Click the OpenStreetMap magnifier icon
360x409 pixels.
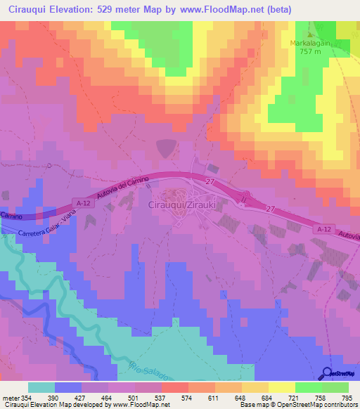tap(328, 372)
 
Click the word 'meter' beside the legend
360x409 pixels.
tap(11, 397)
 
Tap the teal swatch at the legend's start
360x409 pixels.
tap(41, 387)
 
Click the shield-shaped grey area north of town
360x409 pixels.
tap(166, 148)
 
